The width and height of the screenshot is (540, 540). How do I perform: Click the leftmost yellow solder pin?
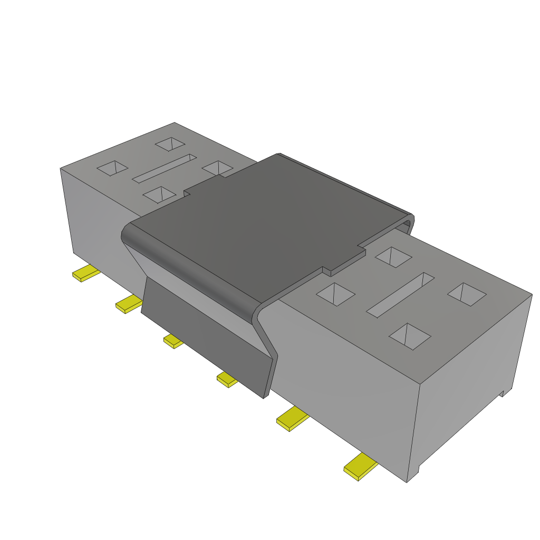coord(85,274)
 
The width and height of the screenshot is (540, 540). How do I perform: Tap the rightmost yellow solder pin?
coord(360,466)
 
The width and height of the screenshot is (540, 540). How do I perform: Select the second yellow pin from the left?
coord(128,304)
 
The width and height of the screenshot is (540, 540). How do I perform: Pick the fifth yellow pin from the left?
coord(292,419)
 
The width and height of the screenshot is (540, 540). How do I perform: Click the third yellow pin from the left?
coord(173,341)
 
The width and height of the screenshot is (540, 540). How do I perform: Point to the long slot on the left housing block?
coord(164,168)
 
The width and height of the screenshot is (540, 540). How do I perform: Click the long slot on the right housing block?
coord(400,295)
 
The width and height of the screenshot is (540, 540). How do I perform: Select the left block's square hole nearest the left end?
coord(112,168)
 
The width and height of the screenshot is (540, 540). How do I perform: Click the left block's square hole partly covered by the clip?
coord(216,168)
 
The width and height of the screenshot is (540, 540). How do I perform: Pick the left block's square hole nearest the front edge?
coord(159,195)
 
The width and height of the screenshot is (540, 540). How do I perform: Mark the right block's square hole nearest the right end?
coord(467,294)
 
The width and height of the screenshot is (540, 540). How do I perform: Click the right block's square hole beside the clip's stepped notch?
coord(393,257)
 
